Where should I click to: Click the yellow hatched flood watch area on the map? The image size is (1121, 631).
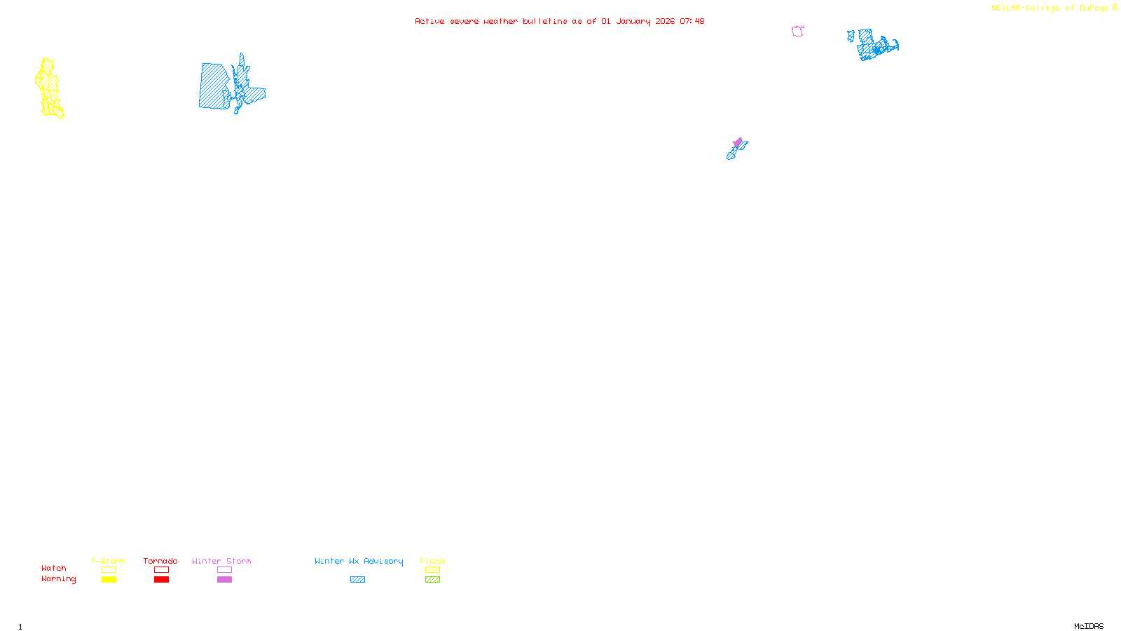click(48, 88)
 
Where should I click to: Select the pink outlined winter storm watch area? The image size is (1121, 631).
click(797, 31)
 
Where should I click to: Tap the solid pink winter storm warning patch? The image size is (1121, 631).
click(737, 142)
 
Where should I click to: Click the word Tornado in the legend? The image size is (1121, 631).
click(160, 561)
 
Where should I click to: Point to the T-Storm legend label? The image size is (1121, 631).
click(108, 561)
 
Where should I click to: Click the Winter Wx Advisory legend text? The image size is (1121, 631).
click(359, 561)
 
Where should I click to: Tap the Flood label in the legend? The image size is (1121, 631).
click(432, 561)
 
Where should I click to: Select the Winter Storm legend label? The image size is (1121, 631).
click(221, 561)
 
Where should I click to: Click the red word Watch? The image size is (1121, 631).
click(54, 568)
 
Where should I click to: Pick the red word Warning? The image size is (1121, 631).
click(58, 579)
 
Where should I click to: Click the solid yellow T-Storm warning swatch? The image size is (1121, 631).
click(109, 580)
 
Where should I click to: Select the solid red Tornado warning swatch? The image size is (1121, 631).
click(161, 580)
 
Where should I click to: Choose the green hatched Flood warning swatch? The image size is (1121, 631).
click(432, 580)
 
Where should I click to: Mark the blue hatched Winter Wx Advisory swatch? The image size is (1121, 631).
click(357, 580)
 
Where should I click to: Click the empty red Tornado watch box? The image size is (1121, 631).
click(161, 570)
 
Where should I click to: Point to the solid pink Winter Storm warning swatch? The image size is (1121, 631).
click(224, 580)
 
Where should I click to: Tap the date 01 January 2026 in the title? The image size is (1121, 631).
click(638, 21)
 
